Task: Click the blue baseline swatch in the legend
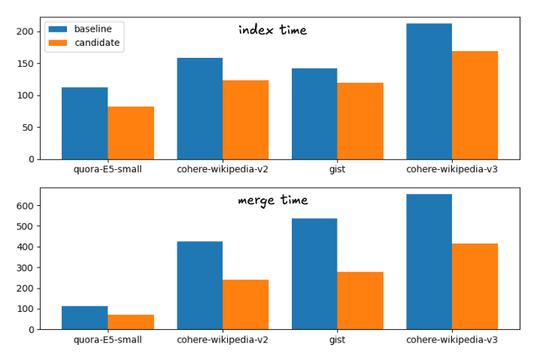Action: pyautogui.click(x=58, y=29)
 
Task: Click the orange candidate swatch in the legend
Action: pyautogui.click(x=58, y=43)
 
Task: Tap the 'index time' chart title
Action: pyautogui.click(x=272, y=30)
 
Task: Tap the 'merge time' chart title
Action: pyautogui.click(x=272, y=201)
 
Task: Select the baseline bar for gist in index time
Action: pyautogui.click(x=314, y=113)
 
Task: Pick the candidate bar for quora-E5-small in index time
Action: pyautogui.click(x=131, y=133)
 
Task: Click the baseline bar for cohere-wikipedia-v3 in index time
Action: pyautogui.click(x=429, y=91)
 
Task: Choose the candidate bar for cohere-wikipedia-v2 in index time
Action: pyautogui.click(x=245, y=119)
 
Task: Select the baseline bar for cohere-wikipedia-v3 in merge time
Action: pyautogui.click(x=429, y=262)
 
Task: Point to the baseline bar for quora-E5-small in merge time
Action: pyautogui.click(x=85, y=317)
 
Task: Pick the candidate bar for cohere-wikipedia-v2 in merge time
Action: pyautogui.click(x=245, y=304)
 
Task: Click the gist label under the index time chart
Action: pyautogui.click(x=338, y=169)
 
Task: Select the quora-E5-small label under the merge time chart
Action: pyautogui.click(x=108, y=340)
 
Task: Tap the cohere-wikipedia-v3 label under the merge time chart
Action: pyautogui.click(x=452, y=340)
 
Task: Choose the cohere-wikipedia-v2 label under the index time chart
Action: pyautogui.click(x=223, y=169)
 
